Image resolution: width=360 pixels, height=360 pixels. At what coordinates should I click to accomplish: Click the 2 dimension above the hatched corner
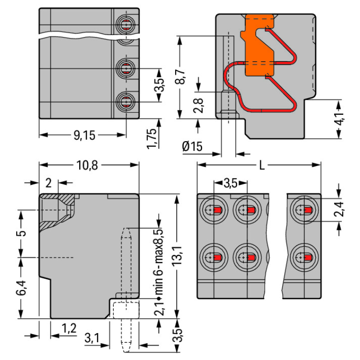[48, 182]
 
